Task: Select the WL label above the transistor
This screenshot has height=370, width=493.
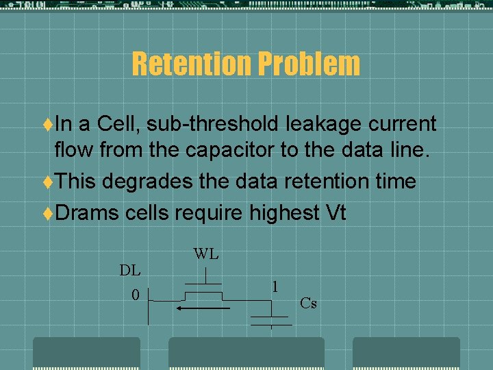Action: [x=206, y=254]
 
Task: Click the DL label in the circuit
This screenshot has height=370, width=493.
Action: [x=130, y=270]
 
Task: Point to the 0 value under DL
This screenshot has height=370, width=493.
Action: [x=135, y=295]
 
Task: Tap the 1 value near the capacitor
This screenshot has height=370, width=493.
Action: [x=275, y=286]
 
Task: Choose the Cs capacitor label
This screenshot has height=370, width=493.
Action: [x=308, y=302]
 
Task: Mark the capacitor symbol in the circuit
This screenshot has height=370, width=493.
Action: [x=270, y=319]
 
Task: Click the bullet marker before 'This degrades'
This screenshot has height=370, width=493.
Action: [x=48, y=182]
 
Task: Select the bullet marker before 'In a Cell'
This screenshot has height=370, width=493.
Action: [x=48, y=124]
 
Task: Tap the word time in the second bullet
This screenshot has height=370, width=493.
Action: [x=393, y=182]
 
